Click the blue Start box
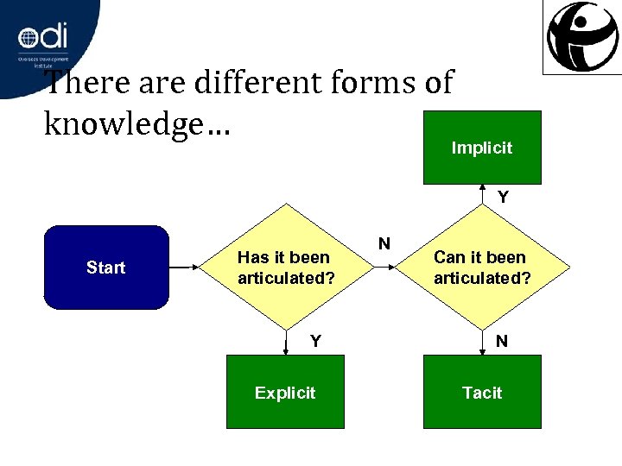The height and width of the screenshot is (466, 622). (x=106, y=268)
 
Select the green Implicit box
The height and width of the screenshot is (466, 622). (x=481, y=148)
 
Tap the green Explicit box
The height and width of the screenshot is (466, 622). (x=285, y=393)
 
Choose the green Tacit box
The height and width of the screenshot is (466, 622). (x=481, y=393)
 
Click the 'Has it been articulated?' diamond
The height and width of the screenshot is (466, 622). (x=284, y=268)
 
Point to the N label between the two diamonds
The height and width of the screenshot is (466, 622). (x=384, y=243)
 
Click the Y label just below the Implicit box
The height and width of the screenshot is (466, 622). (x=502, y=198)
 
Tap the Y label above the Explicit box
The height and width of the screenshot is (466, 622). (x=315, y=341)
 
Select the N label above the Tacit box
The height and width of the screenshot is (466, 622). (x=502, y=341)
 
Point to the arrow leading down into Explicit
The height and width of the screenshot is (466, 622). (x=286, y=343)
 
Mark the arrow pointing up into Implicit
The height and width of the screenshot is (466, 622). (x=482, y=194)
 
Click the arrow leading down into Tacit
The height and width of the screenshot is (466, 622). (x=482, y=343)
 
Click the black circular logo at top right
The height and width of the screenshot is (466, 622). (x=581, y=37)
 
